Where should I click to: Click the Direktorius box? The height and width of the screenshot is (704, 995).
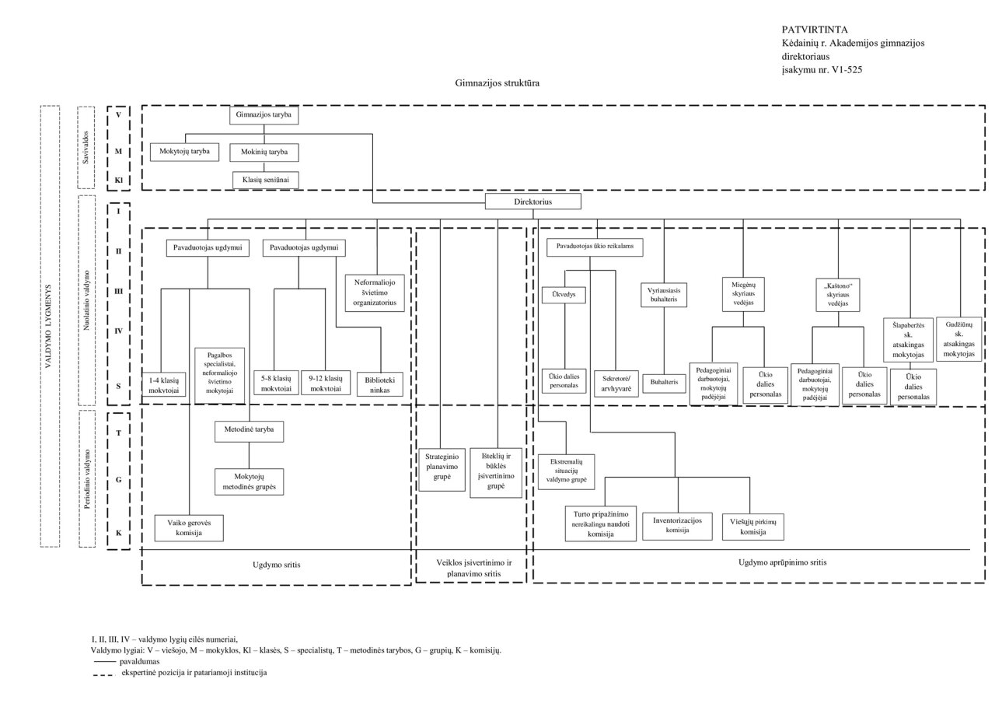[x=533, y=201]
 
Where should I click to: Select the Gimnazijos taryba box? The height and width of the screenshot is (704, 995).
[x=264, y=115]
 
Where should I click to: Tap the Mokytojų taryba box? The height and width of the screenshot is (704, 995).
[x=185, y=152]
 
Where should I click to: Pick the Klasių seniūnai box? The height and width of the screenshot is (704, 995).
[x=264, y=180]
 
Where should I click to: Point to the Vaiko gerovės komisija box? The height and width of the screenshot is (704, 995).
[x=190, y=528]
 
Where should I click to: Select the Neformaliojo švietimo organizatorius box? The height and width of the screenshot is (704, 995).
[x=376, y=292]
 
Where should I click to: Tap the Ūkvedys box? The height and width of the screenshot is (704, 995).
[x=563, y=296]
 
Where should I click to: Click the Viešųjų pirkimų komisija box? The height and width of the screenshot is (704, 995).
[x=753, y=527]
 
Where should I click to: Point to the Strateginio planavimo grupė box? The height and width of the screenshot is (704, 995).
[x=440, y=465]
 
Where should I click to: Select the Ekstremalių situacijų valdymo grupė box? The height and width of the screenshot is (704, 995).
[x=566, y=471]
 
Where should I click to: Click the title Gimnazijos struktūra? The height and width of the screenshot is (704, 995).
[x=497, y=82]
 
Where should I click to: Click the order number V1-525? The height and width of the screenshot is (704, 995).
[x=844, y=70]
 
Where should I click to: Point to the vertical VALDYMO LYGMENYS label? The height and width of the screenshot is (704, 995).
[x=49, y=327]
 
